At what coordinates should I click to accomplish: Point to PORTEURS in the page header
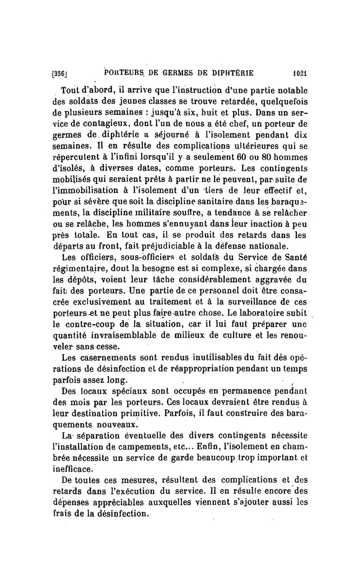click(x=122, y=73)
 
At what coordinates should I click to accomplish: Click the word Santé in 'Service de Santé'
click(x=294, y=257)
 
